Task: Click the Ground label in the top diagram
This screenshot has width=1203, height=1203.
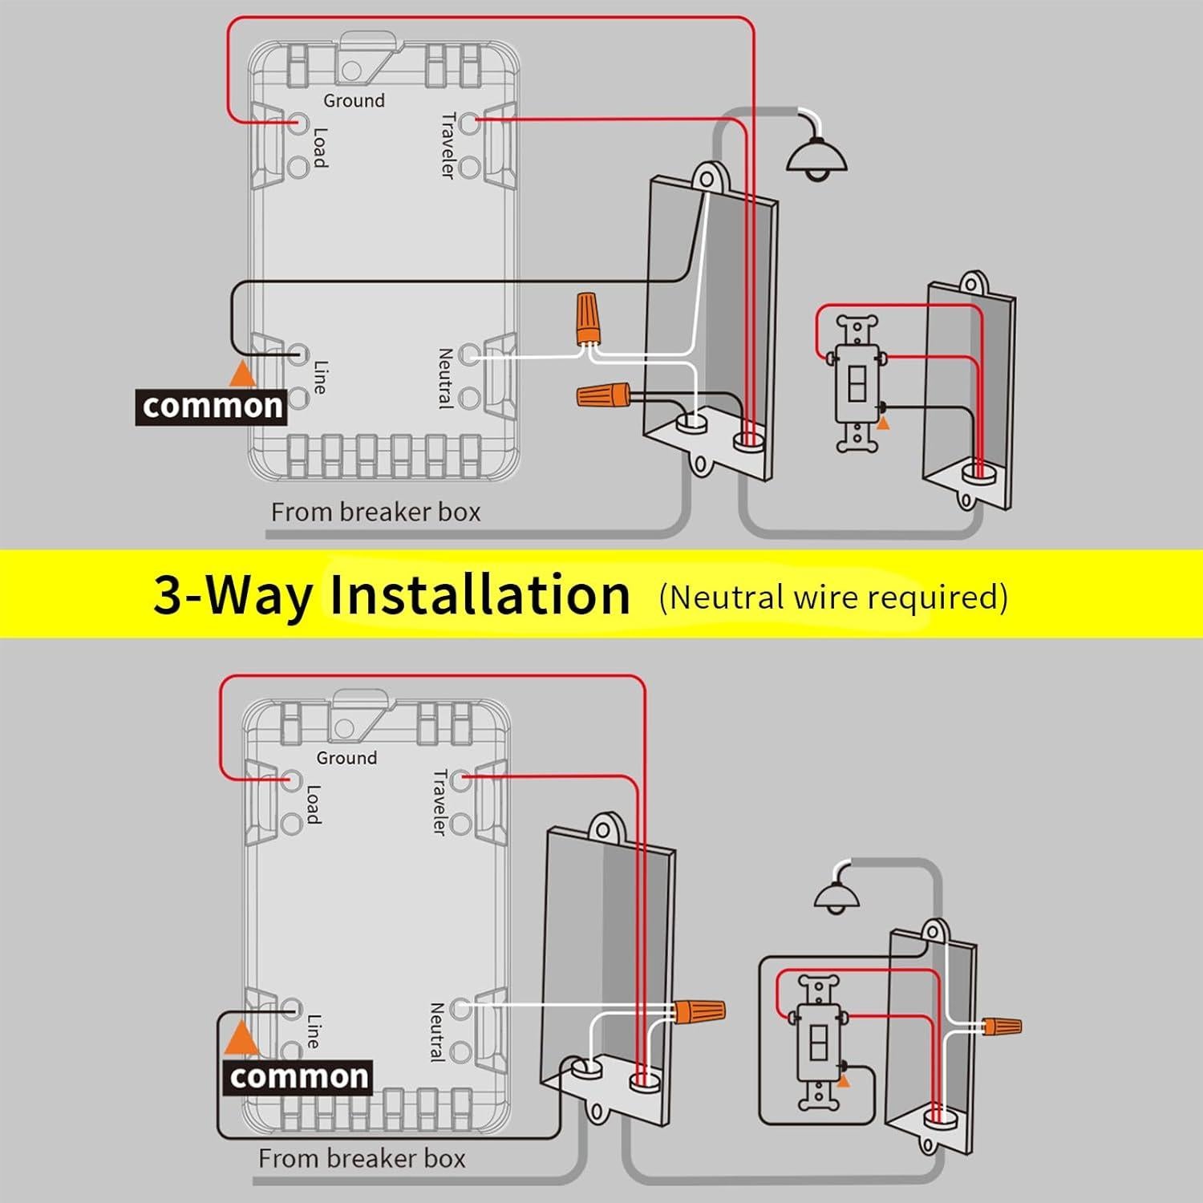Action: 354,101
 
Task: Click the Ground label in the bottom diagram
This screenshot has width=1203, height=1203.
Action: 346,758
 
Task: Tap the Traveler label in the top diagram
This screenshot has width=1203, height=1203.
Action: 448,145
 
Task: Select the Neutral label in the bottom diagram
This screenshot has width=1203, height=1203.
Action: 437,1032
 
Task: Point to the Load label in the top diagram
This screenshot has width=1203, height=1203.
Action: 320,148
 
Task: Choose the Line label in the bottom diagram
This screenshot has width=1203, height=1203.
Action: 314,1031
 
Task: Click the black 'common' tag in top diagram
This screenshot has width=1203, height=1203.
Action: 211,407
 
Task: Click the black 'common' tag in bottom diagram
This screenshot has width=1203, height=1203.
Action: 298,1077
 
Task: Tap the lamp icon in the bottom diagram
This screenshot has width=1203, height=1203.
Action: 837,897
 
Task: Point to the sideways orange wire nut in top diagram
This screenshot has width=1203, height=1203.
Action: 602,394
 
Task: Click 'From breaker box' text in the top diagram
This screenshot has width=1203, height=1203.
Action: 375,512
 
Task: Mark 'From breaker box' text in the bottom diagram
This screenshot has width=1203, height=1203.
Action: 362,1159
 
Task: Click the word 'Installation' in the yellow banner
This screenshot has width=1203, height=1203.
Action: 480,595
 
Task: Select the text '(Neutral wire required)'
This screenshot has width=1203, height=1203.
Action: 832,597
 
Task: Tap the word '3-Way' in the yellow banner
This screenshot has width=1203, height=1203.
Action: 232,595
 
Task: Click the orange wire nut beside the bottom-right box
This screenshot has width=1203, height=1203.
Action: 1003,1025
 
